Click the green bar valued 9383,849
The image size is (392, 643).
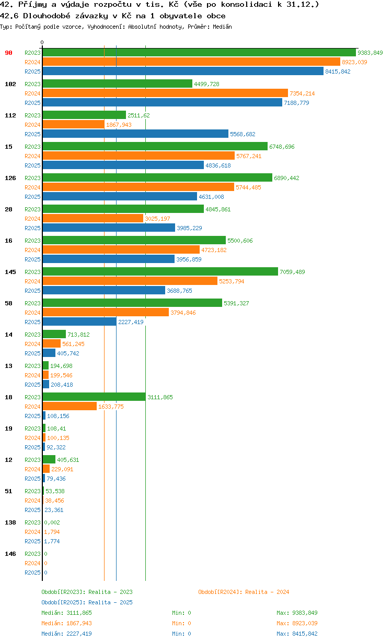(x=199, y=53)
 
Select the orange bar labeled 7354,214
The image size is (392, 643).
(x=165, y=93)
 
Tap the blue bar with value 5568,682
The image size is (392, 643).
(x=135, y=134)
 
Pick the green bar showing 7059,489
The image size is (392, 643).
(x=160, y=272)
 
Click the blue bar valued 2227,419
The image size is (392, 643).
(x=79, y=322)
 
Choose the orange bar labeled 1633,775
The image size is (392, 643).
(x=70, y=406)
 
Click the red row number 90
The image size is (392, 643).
(x=8, y=53)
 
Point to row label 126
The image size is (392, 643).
(x=10, y=178)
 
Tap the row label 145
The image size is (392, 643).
(x=10, y=272)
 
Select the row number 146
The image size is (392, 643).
(x=10, y=554)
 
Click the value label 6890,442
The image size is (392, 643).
(x=286, y=178)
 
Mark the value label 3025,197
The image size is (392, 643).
(x=157, y=219)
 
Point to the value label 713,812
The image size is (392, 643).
(x=78, y=335)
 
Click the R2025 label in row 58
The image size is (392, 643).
(x=32, y=322)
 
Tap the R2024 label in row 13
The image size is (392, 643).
(x=32, y=375)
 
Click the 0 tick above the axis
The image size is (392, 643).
(x=42, y=42)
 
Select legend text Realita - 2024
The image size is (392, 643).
(x=267, y=592)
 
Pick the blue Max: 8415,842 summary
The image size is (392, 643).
(x=297, y=634)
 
